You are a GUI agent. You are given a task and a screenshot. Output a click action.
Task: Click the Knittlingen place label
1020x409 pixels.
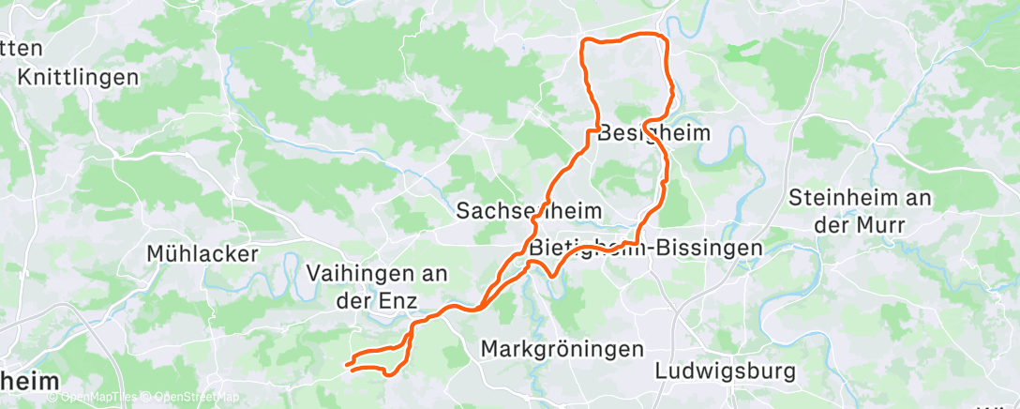79,77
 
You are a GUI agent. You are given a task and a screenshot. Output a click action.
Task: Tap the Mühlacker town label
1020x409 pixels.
202,253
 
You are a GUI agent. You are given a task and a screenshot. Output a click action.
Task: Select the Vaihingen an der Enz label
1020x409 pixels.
378,285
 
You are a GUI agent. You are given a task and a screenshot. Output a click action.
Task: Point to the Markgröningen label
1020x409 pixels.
562,349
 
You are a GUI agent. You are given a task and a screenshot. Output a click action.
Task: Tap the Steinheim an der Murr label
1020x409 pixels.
860,211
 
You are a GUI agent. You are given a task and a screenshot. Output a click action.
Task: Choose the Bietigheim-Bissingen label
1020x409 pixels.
646,249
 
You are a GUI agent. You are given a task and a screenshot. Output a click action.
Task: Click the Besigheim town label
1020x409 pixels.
653,133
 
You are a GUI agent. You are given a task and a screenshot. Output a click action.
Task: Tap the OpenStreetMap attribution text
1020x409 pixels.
197,397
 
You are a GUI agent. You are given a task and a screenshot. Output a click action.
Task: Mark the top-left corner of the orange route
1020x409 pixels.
585,41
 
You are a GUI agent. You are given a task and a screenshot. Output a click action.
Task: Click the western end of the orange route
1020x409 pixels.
347,364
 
